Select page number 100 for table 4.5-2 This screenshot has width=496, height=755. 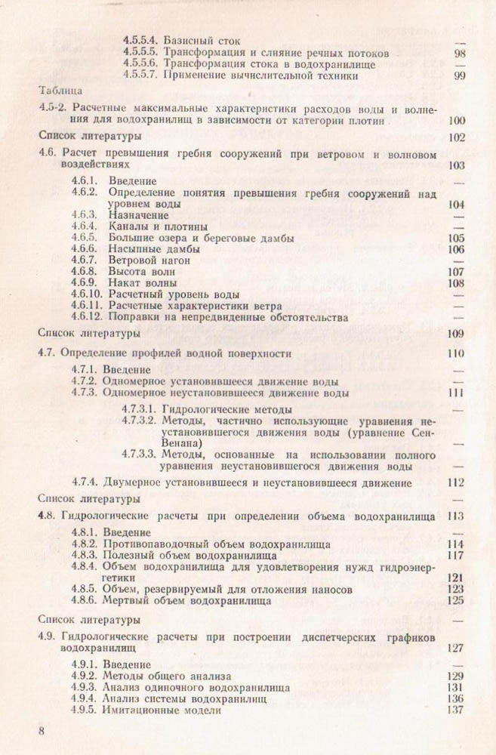click(x=457, y=120)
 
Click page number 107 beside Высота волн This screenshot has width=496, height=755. click(x=455, y=272)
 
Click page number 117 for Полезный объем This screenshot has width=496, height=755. click(x=455, y=556)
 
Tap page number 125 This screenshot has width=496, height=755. click(x=455, y=602)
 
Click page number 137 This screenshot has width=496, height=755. click(x=455, y=710)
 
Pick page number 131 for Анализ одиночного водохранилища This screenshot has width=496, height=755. click(x=455, y=688)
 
